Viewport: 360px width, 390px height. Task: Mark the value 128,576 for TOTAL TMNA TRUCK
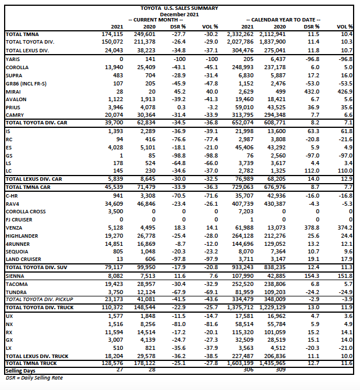pos(113,363)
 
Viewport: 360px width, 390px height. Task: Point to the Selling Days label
pos(21,370)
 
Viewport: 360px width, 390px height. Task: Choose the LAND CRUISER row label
pos(23,259)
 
